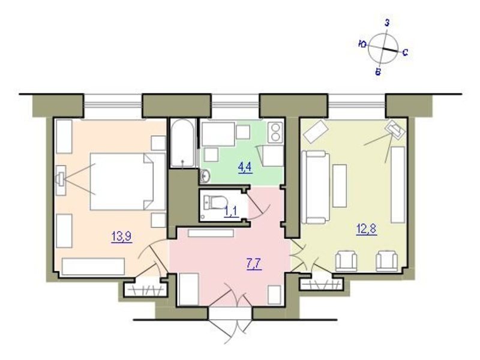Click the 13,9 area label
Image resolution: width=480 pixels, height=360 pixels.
pyautogui.click(x=122, y=236)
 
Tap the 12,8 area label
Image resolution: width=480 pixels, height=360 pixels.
pyautogui.click(x=366, y=229)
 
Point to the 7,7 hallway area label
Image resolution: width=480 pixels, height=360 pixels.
pyautogui.click(x=254, y=263)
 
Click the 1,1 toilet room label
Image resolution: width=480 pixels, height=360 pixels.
pyautogui.click(x=232, y=211)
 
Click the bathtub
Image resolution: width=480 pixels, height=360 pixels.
pyautogui.click(x=183, y=143)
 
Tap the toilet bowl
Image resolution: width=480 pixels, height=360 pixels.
pyautogui.click(x=216, y=202)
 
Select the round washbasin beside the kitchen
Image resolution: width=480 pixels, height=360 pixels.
pyautogui.click(x=205, y=175)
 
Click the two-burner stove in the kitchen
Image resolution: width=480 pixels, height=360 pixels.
pyautogui.click(x=275, y=132)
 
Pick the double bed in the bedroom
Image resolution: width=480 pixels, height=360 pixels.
pyautogui.click(x=128, y=181)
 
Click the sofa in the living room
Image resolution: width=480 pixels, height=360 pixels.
pyautogui.click(x=316, y=187)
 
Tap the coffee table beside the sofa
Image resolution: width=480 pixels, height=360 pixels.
pyautogui.click(x=340, y=186)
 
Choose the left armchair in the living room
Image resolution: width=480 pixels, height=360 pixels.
pyautogui.click(x=346, y=261)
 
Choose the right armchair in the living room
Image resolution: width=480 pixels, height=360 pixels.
pyautogui.click(x=386, y=261)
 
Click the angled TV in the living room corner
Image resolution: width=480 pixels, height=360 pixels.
pyautogui.click(x=396, y=130)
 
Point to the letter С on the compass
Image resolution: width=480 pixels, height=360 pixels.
pyautogui.click(x=404, y=53)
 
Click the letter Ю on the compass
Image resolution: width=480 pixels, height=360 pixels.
pyautogui.click(x=363, y=44)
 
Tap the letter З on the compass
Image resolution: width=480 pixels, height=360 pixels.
pyautogui.click(x=387, y=23)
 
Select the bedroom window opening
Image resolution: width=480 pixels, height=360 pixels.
pyautogui.click(x=113, y=106)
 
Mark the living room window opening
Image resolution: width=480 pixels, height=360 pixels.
pyautogui.click(x=356, y=106)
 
